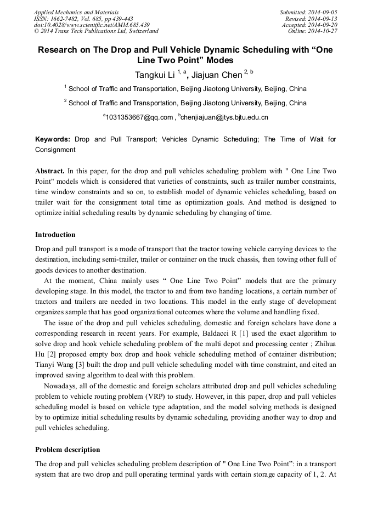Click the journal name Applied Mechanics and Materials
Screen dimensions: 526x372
point(76,12)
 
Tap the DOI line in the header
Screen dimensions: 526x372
point(92,25)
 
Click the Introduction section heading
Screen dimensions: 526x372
point(55,235)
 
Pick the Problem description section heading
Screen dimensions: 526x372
point(67,449)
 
